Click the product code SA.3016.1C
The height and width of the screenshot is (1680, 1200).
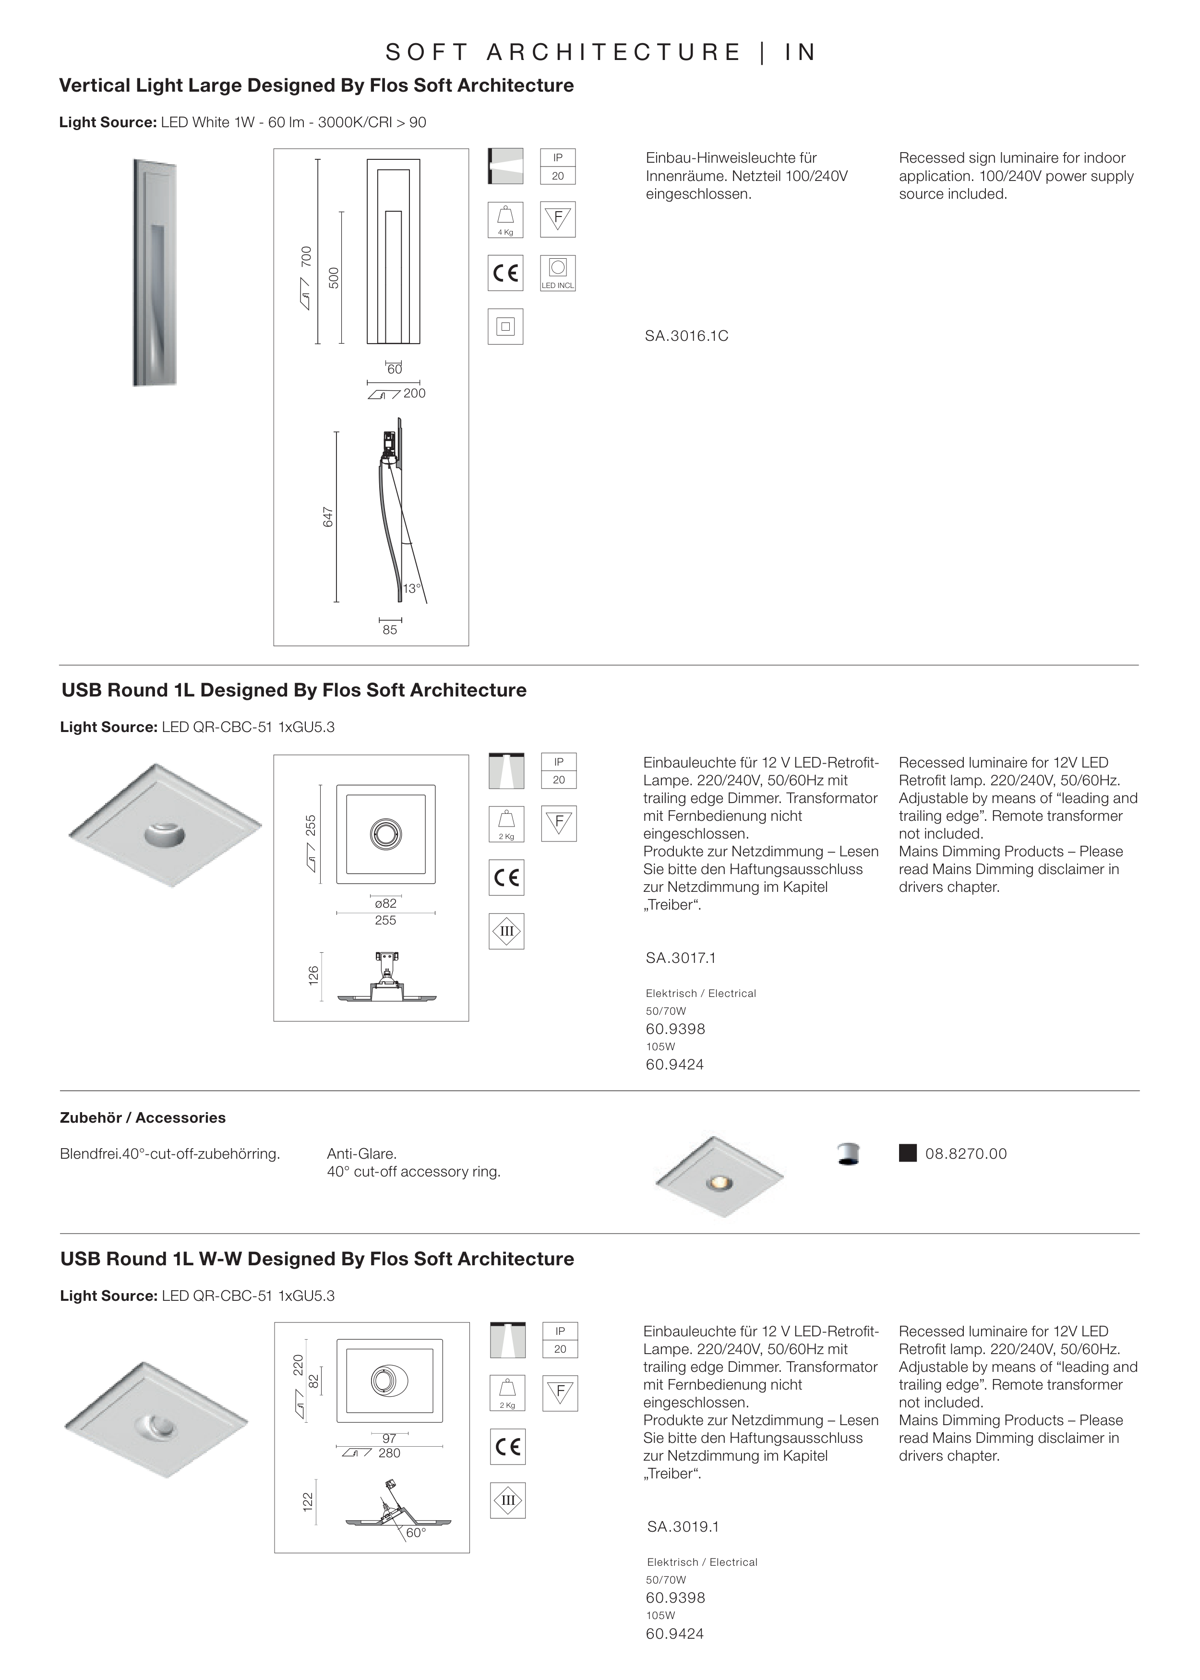click(x=686, y=336)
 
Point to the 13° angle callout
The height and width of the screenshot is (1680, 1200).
click(x=411, y=589)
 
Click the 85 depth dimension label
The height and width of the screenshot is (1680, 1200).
click(x=389, y=630)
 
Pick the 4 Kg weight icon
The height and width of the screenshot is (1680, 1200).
click(x=505, y=219)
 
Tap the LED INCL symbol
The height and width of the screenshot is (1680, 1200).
click(x=558, y=273)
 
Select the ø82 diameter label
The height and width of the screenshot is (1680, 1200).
click(x=386, y=903)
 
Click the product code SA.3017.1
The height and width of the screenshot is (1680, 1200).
click(x=681, y=958)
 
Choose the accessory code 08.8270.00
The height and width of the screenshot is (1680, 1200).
click(x=966, y=1154)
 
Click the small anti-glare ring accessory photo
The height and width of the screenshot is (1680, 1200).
click(x=848, y=1154)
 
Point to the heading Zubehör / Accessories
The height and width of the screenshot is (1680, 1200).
click(x=143, y=1118)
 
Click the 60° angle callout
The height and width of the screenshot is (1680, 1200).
click(x=416, y=1533)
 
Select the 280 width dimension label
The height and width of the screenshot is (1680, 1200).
click(x=389, y=1453)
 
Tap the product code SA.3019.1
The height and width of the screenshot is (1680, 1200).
click(x=683, y=1527)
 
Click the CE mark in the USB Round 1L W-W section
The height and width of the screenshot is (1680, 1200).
click(x=508, y=1447)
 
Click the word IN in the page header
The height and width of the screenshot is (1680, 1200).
click(x=801, y=52)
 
